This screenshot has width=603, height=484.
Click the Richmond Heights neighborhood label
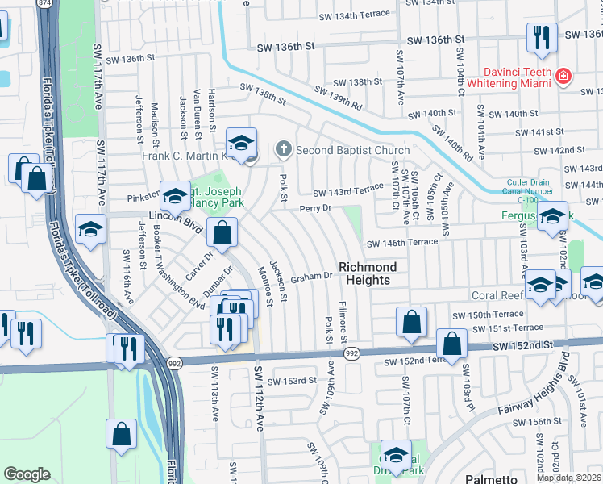pyautogui.click(x=368, y=273)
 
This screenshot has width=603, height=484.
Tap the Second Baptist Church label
pyautogui.click(x=353, y=150)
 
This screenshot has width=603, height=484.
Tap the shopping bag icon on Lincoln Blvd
pyautogui.click(x=222, y=233)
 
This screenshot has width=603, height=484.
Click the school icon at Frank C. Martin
pyautogui.click(x=240, y=143)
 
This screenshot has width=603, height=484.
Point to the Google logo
pyautogui.click(x=27, y=474)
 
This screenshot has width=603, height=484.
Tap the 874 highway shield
pyautogui.click(x=44, y=4)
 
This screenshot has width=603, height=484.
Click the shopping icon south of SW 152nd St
pyautogui.click(x=121, y=435)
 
